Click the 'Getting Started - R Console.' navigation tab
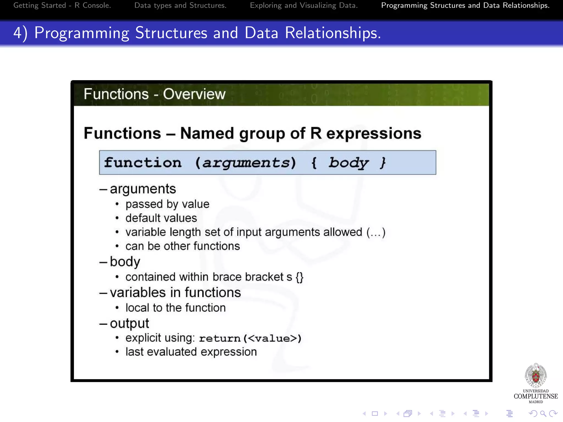pos(62,5)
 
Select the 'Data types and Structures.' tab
pos(180,5)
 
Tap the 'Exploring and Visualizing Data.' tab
pos(304,5)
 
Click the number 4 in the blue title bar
pos(18,33)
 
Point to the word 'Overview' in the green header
pos(194,94)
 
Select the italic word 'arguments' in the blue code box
pos(245,163)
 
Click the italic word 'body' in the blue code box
pos(348,163)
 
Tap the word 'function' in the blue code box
pos(143,163)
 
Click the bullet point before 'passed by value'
pos(117,204)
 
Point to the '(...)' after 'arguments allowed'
pos(376,232)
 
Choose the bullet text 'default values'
pos(161,218)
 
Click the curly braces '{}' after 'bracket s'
pos(300,277)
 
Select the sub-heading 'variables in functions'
pos(175,292)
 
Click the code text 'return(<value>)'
pos(250,338)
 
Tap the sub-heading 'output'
pos(129,323)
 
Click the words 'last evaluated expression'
pos(191,352)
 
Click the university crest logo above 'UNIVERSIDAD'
pos(536,376)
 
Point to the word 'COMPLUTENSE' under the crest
pos(536,396)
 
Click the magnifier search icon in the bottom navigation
pos(543,413)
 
